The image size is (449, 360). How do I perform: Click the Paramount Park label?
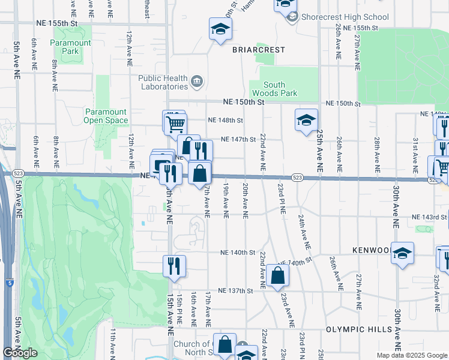click(x=70, y=47)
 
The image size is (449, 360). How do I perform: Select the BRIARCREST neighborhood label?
click(x=259, y=49)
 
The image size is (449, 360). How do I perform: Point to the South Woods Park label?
click(x=280, y=89)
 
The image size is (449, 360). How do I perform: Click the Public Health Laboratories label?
click(x=163, y=82)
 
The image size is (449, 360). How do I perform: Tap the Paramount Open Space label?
click(x=106, y=116)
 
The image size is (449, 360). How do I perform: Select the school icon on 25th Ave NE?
click(x=306, y=120)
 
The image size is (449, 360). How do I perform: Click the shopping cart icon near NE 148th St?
click(x=175, y=124)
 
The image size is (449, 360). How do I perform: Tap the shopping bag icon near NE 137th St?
click(x=278, y=275)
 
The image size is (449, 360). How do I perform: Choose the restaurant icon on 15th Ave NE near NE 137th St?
click(x=174, y=266)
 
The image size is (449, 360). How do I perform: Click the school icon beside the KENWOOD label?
click(x=402, y=253)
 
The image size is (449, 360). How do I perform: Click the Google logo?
click(x=20, y=353)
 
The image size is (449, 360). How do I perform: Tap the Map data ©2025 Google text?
click(x=412, y=355)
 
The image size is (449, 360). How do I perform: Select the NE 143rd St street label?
click(x=430, y=217)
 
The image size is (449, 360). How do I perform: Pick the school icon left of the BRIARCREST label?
click(x=220, y=28)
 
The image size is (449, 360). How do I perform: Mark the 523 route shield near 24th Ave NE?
click(x=298, y=178)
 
